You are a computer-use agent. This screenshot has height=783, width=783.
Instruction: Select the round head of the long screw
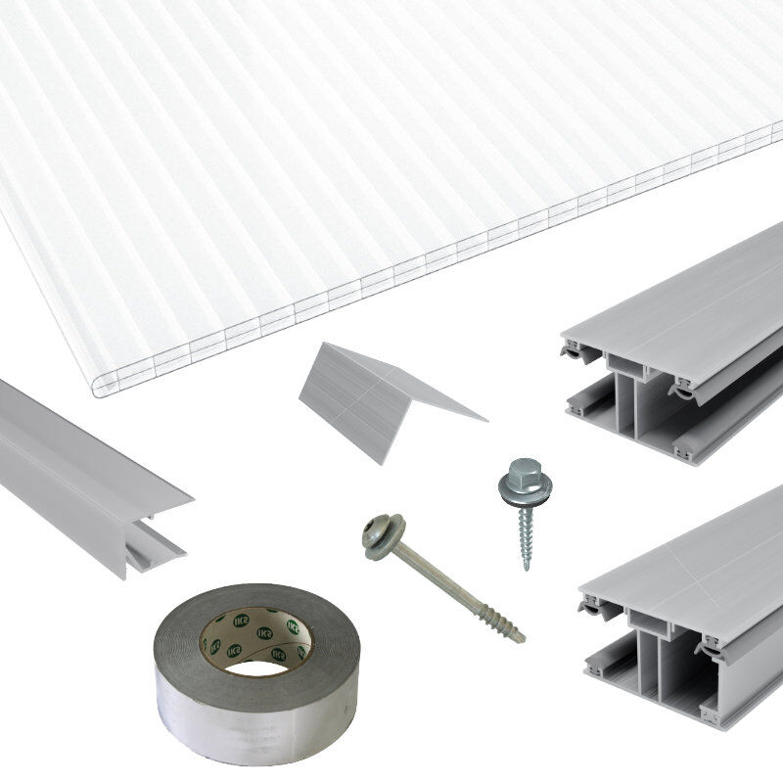tap(378, 533)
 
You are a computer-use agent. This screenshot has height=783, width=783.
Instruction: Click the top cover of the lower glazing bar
tap(695, 568)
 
